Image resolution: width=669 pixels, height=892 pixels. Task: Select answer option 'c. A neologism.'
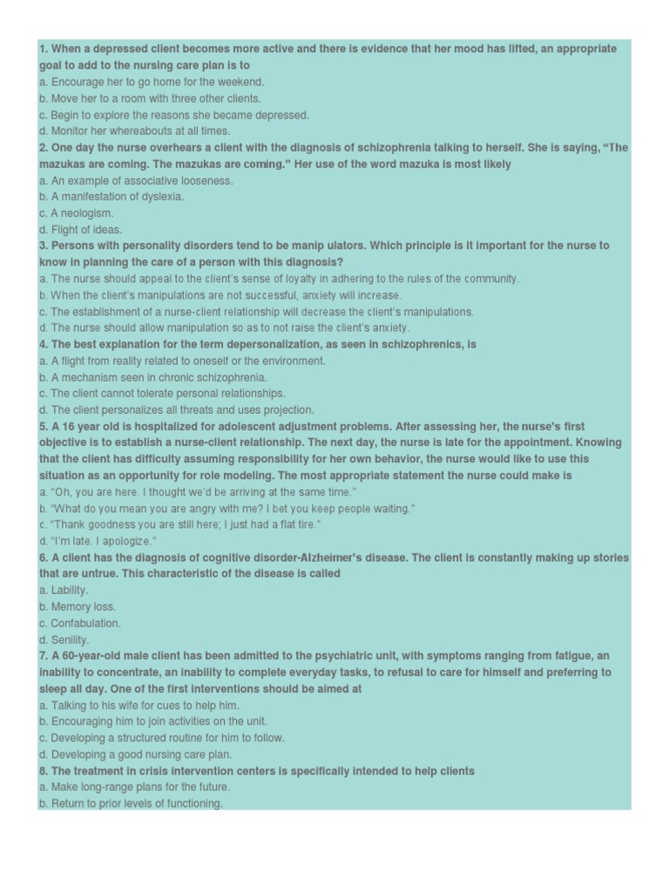click(77, 213)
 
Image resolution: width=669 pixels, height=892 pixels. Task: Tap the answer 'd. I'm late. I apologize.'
click(98, 541)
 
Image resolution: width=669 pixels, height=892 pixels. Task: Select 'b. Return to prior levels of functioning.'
click(131, 803)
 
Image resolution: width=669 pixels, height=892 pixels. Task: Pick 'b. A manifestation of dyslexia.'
click(111, 196)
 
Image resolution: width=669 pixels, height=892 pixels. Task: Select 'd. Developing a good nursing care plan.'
click(136, 754)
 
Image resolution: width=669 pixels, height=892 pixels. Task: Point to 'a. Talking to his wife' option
click(139, 705)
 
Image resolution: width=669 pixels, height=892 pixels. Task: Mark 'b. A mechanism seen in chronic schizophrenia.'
click(153, 377)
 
